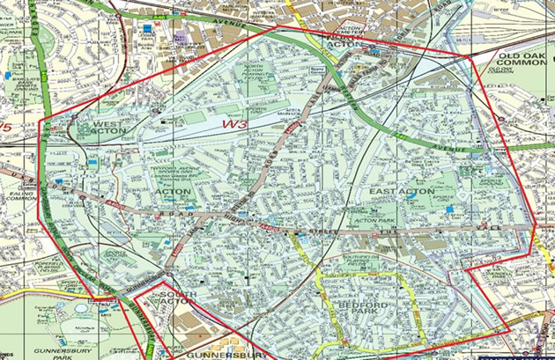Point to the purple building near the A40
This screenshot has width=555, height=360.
coord(181,40)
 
